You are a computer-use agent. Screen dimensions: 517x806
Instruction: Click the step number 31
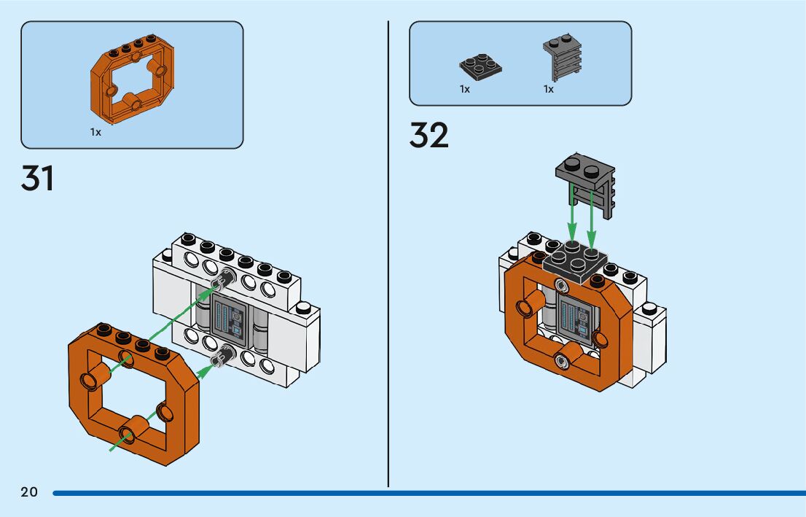point(38,179)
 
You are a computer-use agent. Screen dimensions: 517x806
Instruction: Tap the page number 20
point(29,492)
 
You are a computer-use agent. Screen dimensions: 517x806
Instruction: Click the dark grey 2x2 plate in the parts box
point(480,66)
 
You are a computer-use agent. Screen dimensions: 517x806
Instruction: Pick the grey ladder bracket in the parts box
point(563,58)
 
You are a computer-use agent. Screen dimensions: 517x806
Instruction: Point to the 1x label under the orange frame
point(95,132)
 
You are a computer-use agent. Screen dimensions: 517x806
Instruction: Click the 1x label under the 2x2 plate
point(464,89)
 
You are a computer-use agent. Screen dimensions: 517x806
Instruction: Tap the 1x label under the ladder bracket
point(548,89)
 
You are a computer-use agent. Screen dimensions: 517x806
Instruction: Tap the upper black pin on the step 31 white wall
point(223,279)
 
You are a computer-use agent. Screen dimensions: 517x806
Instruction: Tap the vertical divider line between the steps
point(388,255)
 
